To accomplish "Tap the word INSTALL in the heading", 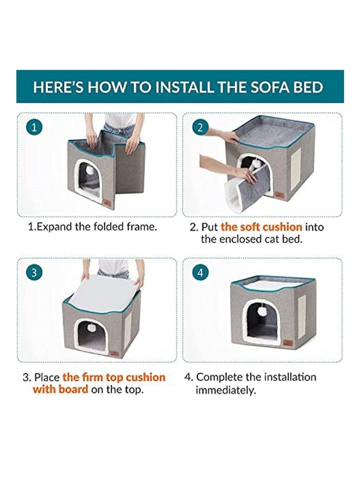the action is pyautogui.click(x=185, y=87).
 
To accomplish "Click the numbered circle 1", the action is pyautogui.click(x=34, y=127).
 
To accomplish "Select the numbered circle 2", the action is pyautogui.click(x=200, y=127).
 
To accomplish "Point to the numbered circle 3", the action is pyautogui.click(x=34, y=272).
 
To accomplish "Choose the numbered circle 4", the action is pyautogui.click(x=200, y=272).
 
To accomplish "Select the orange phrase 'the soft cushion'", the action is pyautogui.click(x=261, y=227).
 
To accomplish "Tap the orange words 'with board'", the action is pyautogui.click(x=60, y=389).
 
